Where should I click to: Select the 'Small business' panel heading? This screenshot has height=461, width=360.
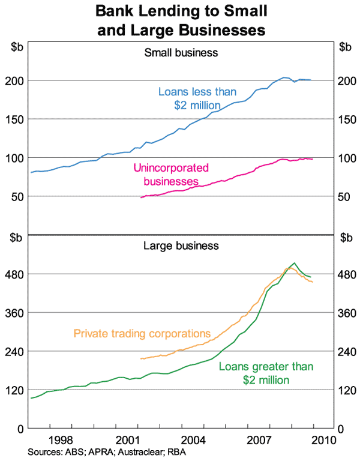click(181, 52)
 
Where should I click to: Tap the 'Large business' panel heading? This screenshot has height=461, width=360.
click(181, 245)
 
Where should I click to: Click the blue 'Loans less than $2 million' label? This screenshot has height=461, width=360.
click(197, 98)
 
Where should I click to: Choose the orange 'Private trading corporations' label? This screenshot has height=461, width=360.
click(142, 333)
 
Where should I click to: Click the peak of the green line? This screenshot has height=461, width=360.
click(294, 263)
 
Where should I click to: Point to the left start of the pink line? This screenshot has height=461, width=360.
click(140, 197)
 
